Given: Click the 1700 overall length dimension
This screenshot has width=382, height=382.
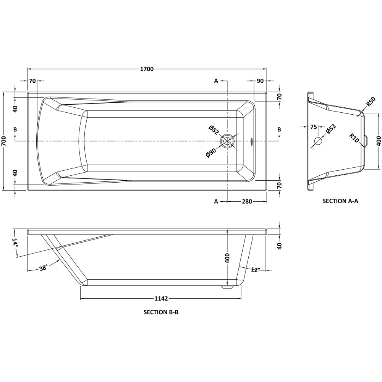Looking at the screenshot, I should click(x=147, y=69).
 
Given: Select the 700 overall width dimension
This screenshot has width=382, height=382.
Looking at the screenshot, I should click(x=4, y=141).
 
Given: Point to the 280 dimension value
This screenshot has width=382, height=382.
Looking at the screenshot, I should click(x=247, y=202).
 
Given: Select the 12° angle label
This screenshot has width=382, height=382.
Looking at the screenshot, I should click(x=256, y=270).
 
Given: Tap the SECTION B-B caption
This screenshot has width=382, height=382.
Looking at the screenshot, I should click(x=161, y=312).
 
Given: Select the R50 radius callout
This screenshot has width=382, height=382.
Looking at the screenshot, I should click(x=370, y=104).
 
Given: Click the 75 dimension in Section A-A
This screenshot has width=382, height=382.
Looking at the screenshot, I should click(x=314, y=127).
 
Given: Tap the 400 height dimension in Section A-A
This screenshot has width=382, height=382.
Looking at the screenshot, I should click(x=378, y=141).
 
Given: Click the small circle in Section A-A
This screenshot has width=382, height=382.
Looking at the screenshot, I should click(x=318, y=141).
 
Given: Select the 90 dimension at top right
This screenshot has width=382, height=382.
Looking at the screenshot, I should click(x=260, y=81).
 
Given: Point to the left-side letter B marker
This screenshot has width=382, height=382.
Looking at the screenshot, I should click(x=15, y=130).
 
